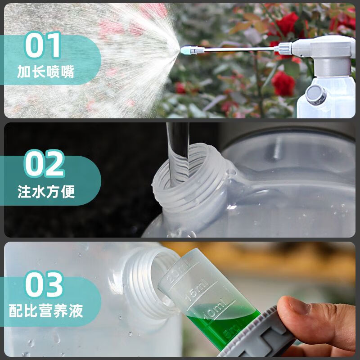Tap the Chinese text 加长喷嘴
click(46, 72)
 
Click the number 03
click(44, 285)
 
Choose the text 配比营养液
click(46, 310)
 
